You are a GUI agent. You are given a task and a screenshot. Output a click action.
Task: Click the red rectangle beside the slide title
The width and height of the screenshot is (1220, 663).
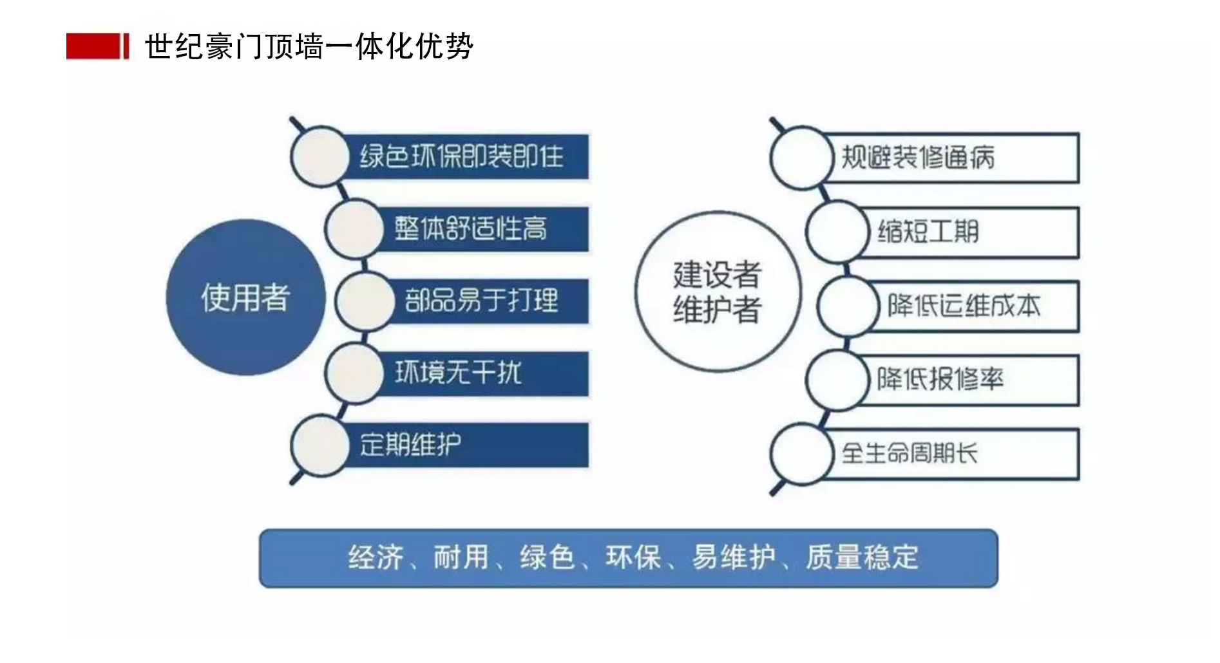[93, 46]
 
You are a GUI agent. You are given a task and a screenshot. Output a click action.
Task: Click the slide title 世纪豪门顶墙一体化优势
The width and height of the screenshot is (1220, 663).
[309, 46]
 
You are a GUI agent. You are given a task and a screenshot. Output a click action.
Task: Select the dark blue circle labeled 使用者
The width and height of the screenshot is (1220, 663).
[245, 297]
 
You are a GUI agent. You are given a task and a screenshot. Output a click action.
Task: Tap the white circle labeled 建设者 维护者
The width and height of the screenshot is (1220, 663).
[718, 292]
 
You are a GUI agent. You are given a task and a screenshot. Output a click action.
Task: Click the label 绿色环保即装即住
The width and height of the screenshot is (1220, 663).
[461, 156]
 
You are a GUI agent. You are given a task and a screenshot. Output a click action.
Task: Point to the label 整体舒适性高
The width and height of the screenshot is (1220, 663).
[471, 229]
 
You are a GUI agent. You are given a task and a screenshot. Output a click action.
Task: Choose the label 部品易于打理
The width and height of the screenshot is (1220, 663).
[481, 301]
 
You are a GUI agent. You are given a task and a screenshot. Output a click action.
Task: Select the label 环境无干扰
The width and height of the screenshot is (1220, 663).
[458, 373]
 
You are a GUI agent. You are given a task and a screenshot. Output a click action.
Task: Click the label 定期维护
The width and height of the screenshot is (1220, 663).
[410, 445]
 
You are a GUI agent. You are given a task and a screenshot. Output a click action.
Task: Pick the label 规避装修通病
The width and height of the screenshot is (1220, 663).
[919, 158]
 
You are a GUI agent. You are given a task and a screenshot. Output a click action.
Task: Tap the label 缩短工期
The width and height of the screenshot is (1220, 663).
[928, 232]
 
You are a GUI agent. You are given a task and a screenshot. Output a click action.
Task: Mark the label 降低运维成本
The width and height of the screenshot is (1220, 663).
[964, 306]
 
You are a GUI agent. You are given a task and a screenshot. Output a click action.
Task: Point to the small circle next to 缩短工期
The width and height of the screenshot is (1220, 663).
[836, 232]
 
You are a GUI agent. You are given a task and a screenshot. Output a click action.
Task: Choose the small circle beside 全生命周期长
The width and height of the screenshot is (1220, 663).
[801, 454]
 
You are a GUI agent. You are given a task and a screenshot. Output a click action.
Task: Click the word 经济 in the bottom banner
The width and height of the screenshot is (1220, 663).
[376, 557]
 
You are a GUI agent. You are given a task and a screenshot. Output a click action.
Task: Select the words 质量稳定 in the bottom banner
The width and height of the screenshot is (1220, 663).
[862, 557]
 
